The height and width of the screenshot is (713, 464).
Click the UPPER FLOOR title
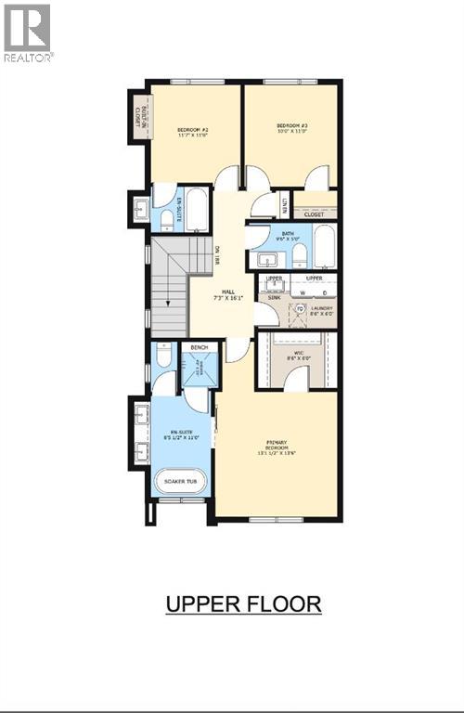click(x=243, y=603)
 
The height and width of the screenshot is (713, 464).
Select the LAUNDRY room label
click(x=320, y=311)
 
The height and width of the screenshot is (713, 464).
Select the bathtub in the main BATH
click(x=324, y=248)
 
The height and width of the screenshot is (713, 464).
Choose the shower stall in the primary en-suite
click(x=198, y=372)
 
